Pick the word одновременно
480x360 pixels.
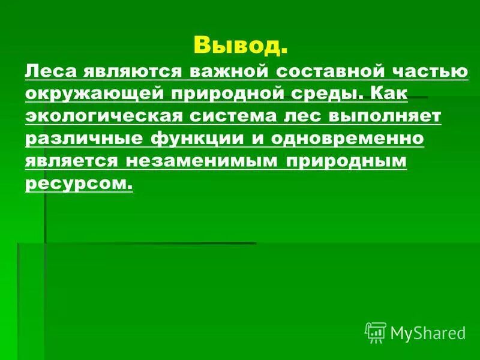[x=347, y=139]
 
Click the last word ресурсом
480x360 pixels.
[x=78, y=183]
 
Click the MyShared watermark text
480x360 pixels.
[x=428, y=332]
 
